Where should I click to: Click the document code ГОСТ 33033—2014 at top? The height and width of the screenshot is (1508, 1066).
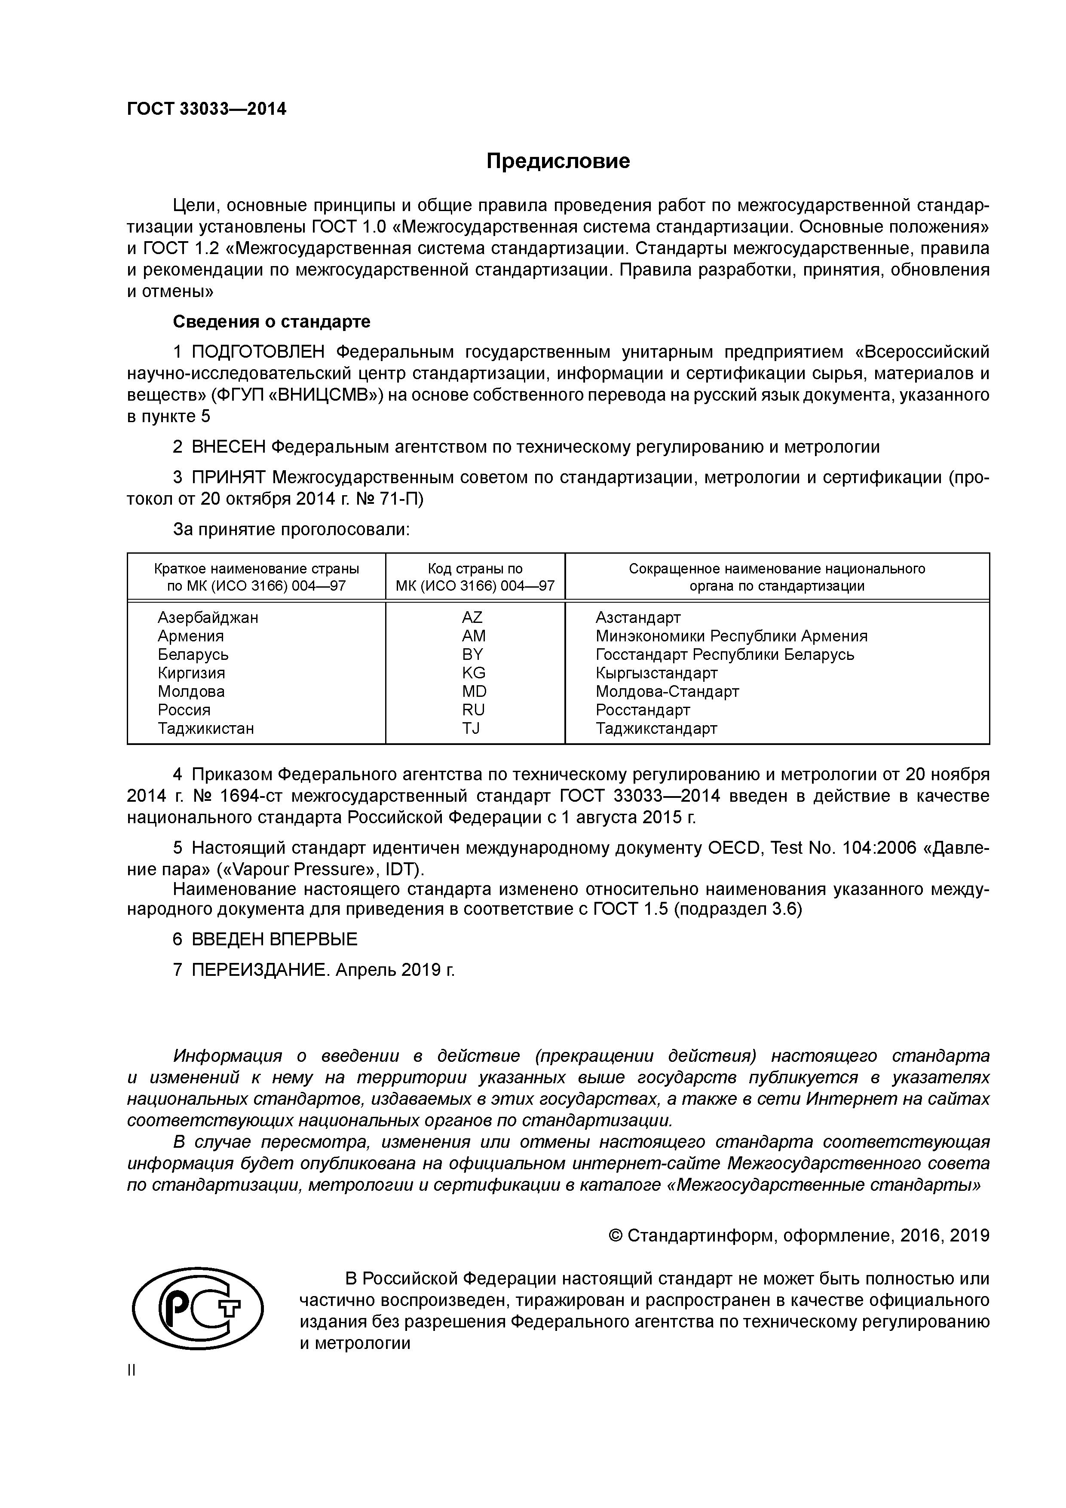pos(206,108)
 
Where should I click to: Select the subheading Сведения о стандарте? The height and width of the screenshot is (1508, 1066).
pos(271,322)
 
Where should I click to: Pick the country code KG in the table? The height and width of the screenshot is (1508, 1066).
pos(473,673)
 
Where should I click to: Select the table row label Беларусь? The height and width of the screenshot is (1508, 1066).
pos(193,654)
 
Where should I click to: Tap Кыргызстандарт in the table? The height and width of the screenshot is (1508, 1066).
pos(656,673)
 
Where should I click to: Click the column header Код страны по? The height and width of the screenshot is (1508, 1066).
pos(475,569)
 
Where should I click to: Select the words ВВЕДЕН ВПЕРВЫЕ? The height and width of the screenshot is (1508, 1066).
pos(275,939)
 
